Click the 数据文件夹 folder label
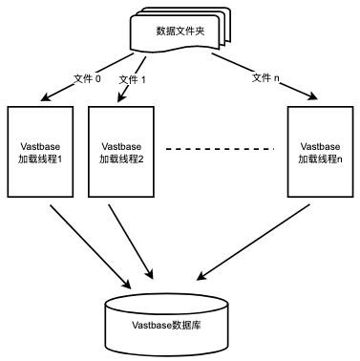[x=180, y=32]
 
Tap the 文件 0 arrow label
[x=87, y=78]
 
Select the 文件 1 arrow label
[x=132, y=79]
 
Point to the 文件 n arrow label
[x=265, y=77]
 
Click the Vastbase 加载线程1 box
[x=40, y=152]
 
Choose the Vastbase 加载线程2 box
[x=121, y=152]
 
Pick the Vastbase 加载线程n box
[x=321, y=152]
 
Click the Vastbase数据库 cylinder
[x=166, y=325]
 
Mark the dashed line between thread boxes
[x=220, y=148]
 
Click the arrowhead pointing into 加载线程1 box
[x=46, y=97]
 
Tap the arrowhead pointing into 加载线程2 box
[x=121, y=97]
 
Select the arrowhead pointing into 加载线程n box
[x=313, y=96]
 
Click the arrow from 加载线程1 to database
[x=91, y=246]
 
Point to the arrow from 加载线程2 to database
[x=131, y=242]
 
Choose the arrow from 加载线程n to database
[x=253, y=243]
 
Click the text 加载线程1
[x=40, y=159]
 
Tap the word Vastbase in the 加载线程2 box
[x=121, y=146]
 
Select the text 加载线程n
[x=320, y=159]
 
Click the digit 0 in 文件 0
[x=98, y=78]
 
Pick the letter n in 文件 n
[x=276, y=78]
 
